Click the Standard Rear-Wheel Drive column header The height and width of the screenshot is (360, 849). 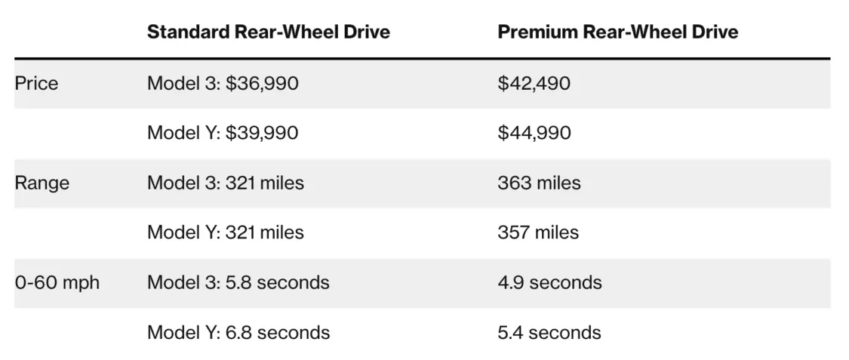pyautogui.click(x=268, y=32)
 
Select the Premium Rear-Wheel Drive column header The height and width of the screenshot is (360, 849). pyautogui.click(x=617, y=32)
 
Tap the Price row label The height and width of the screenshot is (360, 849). pyautogui.click(x=36, y=83)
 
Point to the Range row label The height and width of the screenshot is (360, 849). pyautogui.click(x=42, y=183)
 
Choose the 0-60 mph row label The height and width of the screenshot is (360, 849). pyautogui.click(x=57, y=283)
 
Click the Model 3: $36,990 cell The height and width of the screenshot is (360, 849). pyautogui.click(x=223, y=83)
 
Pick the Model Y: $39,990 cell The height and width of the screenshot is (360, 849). pyautogui.click(x=223, y=134)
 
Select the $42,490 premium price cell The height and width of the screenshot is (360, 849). pyautogui.click(x=534, y=83)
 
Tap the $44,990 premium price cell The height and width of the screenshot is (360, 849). pyautogui.click(x=534, y=134)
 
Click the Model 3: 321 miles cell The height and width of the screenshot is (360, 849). pyautogui.click(x=225, y=183)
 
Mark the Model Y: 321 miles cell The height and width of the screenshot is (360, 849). pyautogui.click(x=225, y=232)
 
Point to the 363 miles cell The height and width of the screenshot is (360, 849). pyautogui.click(x=539, y=183)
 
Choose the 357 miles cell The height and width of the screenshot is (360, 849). pyautogui.click(x=538, y=232)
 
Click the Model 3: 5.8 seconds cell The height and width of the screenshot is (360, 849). pyautogui.click(x=238, y=283)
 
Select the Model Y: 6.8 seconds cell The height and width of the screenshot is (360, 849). pyautogui.click(x=238, y=333)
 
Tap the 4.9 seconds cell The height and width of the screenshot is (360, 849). pyautogui.click(x=549, y=283)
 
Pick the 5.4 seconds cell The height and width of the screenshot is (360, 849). pyautogui.click(x=549, y=333)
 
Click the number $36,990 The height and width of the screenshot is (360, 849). pyautogui.click(x=262, y=83)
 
